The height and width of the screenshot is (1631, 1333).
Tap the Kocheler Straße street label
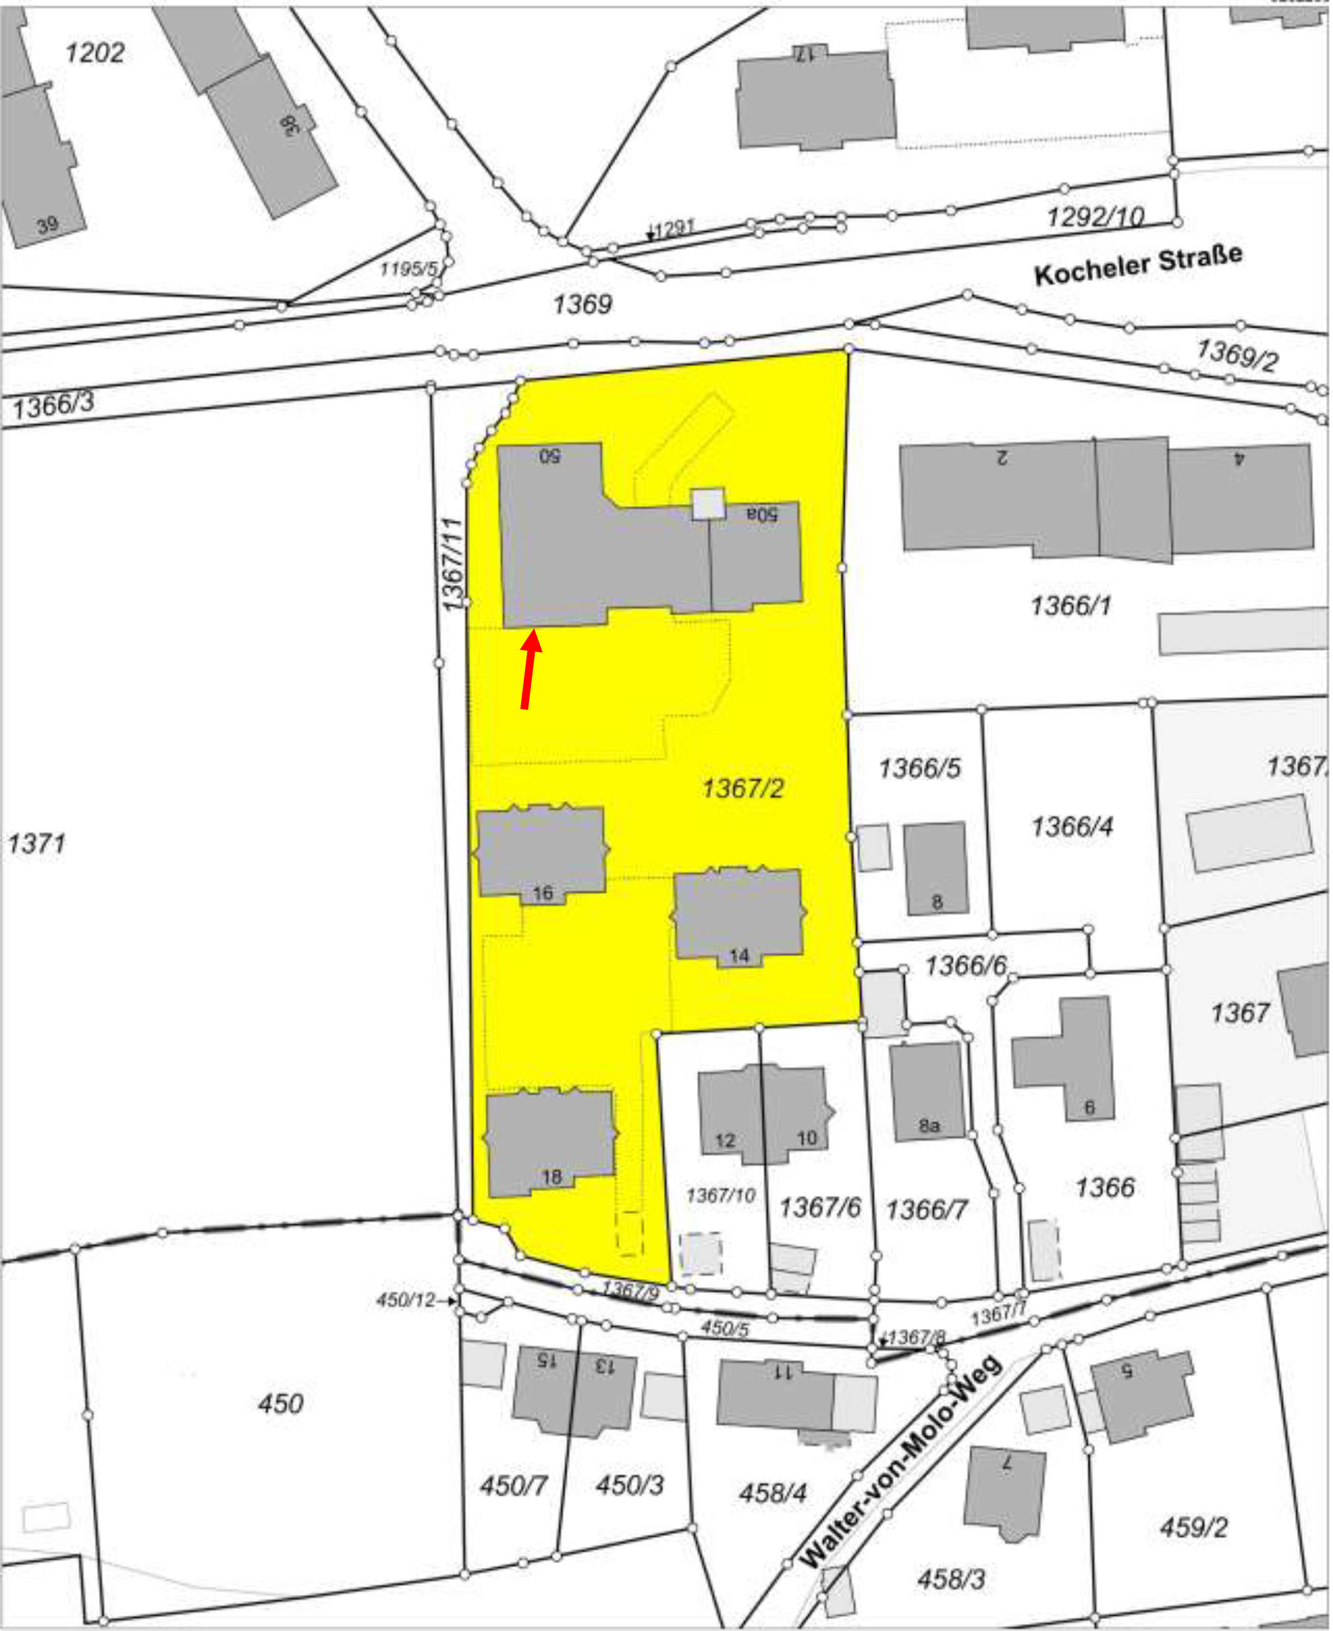pyautogui.click(x=1137, y=264)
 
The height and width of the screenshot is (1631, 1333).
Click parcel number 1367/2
pyautogui.click(x=743, y=788)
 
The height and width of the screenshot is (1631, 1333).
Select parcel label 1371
pyautogui.click(x=36, y=843)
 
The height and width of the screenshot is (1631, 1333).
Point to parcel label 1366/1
pyautogui.click(x=1070, y=606)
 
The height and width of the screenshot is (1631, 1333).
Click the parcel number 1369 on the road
pyautogui.click(x=582, y=304)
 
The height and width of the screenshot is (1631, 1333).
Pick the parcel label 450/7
pyautogui.click(x=513, y=1485)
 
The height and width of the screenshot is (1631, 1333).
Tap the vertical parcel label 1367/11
pyautogui.click(x=452, y=564)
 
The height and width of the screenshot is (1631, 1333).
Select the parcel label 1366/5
pyautogui.click(x=919, y=768)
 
